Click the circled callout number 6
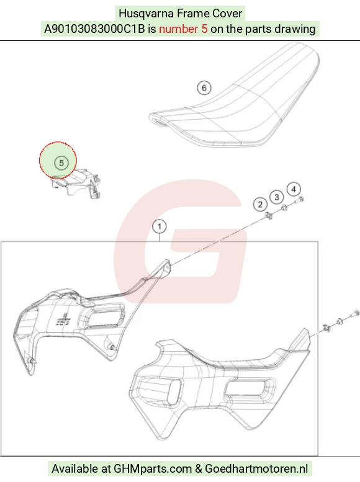pyautogui.click(x=204, y=88)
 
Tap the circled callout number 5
pyautogui.click(x=61, y=163)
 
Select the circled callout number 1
pyautogui.click(x=160, y=227)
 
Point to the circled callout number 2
pyautogui.click(x=260, y=205)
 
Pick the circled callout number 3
pyautogui.click(x=277, y=197)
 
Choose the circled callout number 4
pyautogui.click(x=294, y=189)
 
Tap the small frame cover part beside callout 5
pyautogui.click(x=76, y=184)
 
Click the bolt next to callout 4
pyautogui.click(x=299, y=200)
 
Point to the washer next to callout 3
pyautogui.click(x=284, y=208)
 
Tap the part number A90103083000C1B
pyautogui.click(x=94, y=29)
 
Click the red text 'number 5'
pyautogui.click(x=183, y=29)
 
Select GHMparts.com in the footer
pyautogui.click(x=153, y=469)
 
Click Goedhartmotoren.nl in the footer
pyautogui.click(x=256, y=469)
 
